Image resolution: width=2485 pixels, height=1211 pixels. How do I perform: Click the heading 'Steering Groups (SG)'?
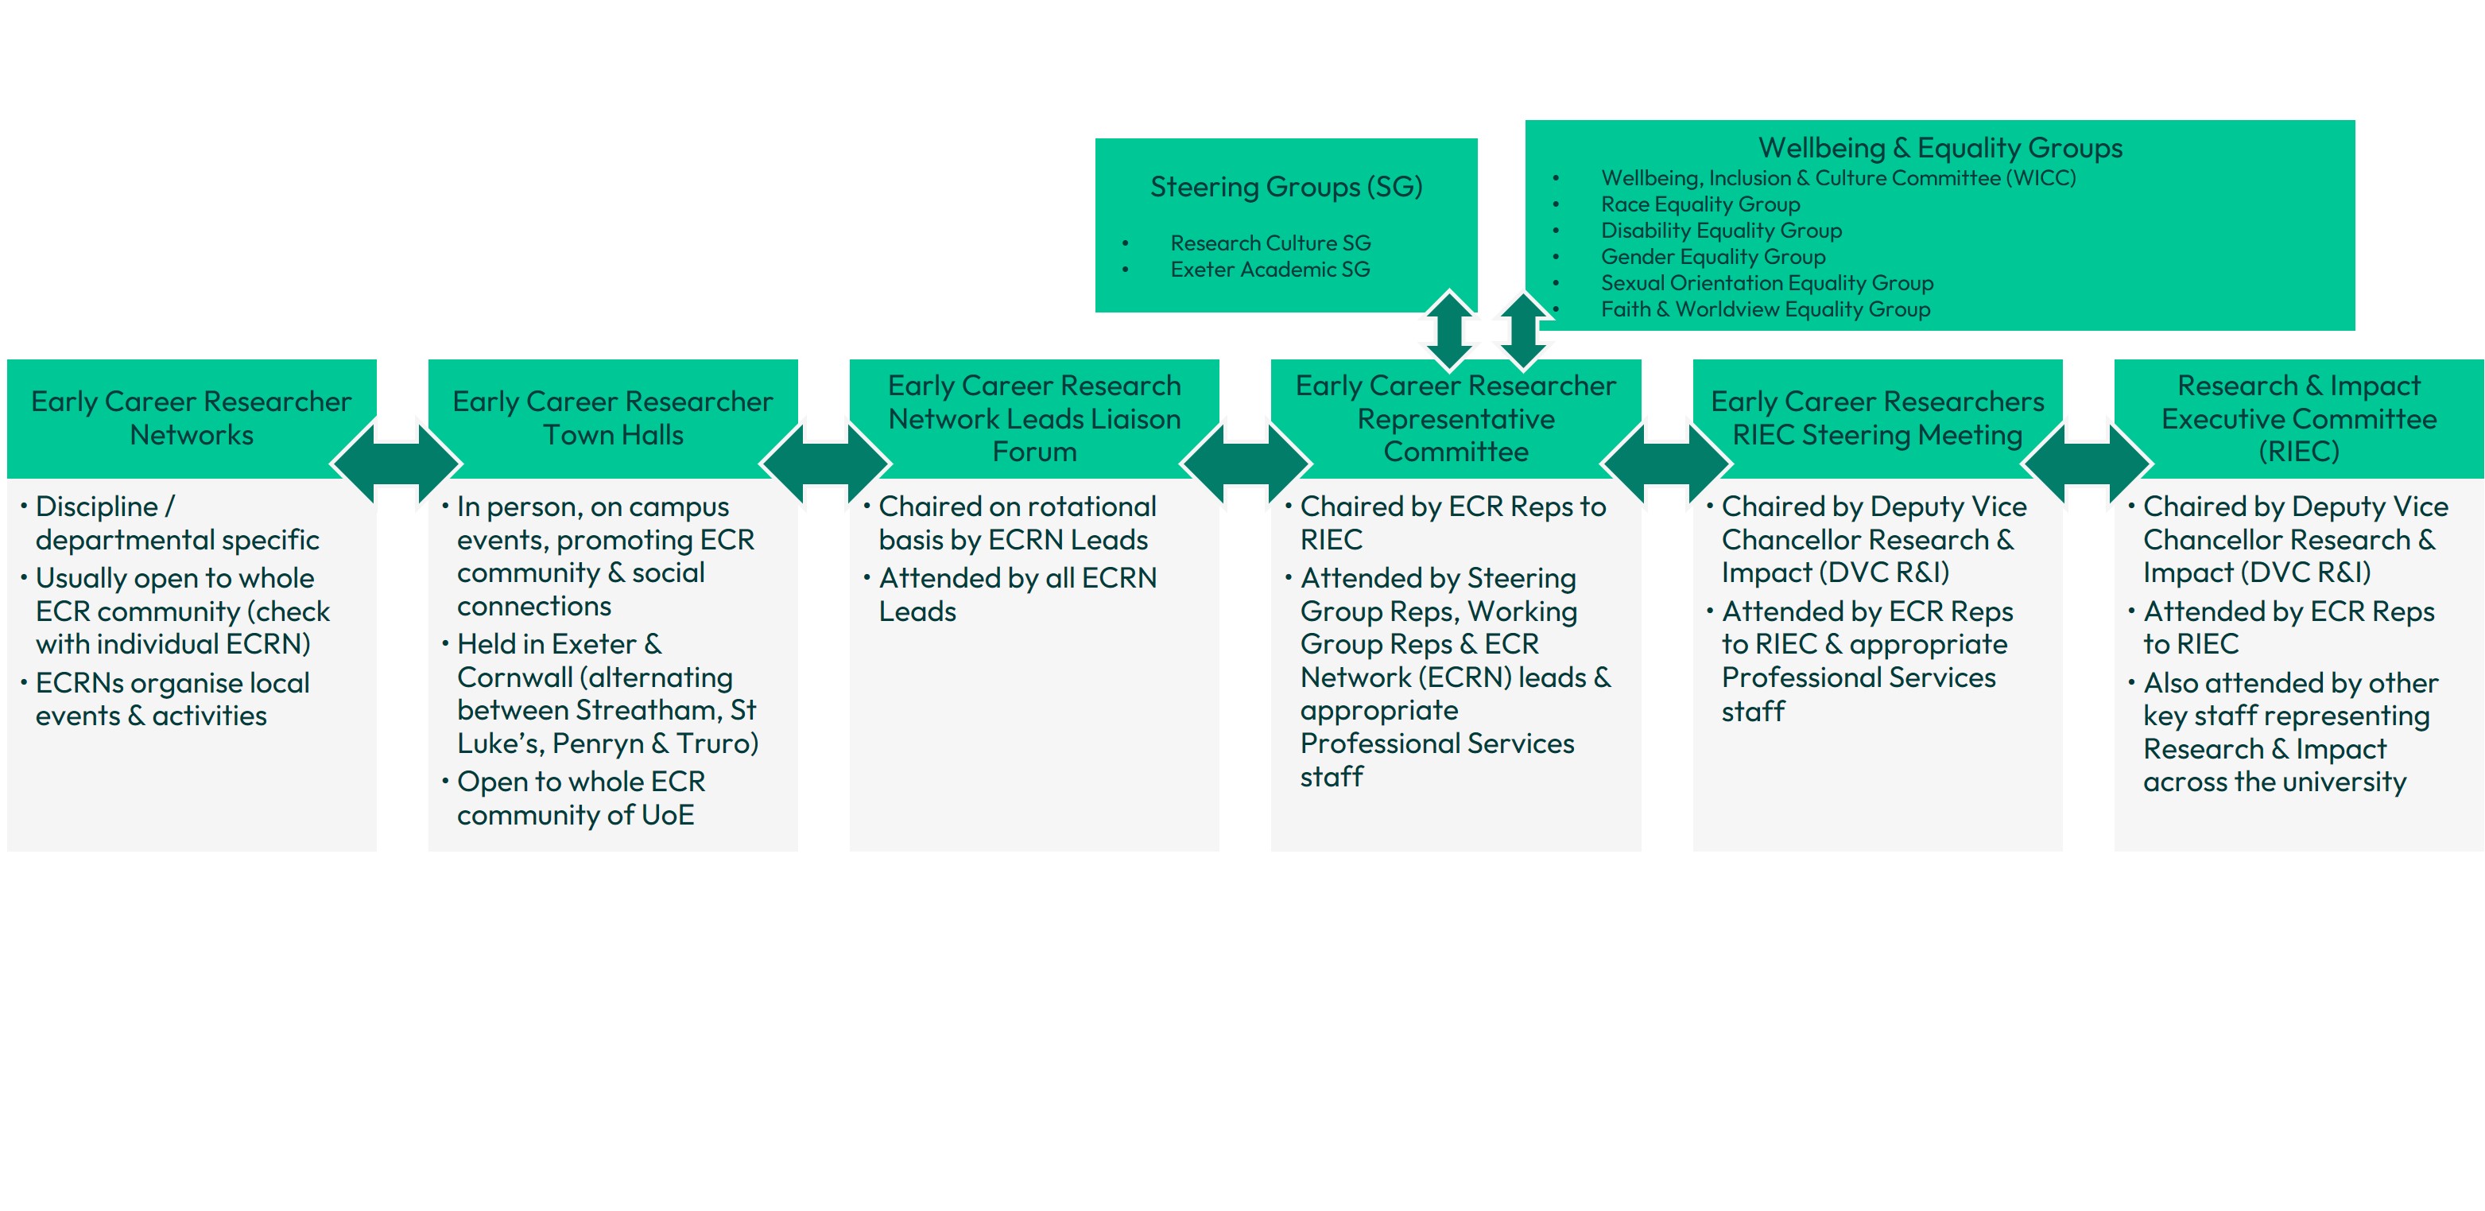tap(1286, 186)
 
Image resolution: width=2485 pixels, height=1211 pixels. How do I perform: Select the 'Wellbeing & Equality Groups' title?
tap(1940, 148)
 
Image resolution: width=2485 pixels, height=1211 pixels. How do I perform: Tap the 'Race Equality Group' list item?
tap(1700, 204)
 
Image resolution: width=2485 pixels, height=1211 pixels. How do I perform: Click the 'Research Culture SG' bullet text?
tap(1270, 243)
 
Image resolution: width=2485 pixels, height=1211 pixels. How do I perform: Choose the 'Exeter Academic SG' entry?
tap(1270, 270)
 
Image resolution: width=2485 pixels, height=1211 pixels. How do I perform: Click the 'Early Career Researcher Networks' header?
tap(191, 417)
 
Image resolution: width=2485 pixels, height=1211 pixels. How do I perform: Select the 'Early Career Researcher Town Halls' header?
tap(613, 417)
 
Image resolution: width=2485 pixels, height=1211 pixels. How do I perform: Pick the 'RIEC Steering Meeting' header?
tap(1877, 417)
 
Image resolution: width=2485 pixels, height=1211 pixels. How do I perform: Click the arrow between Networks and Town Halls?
tap(397, 464)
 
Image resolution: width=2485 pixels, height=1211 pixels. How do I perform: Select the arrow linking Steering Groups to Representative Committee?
tap(1449, 330)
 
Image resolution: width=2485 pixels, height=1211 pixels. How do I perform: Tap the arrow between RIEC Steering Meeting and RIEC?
tap(2087, 464)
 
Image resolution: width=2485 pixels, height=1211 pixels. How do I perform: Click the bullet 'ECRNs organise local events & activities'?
tap(172, 700)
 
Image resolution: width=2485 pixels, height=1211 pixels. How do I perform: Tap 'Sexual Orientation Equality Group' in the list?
tap(1766, 284)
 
